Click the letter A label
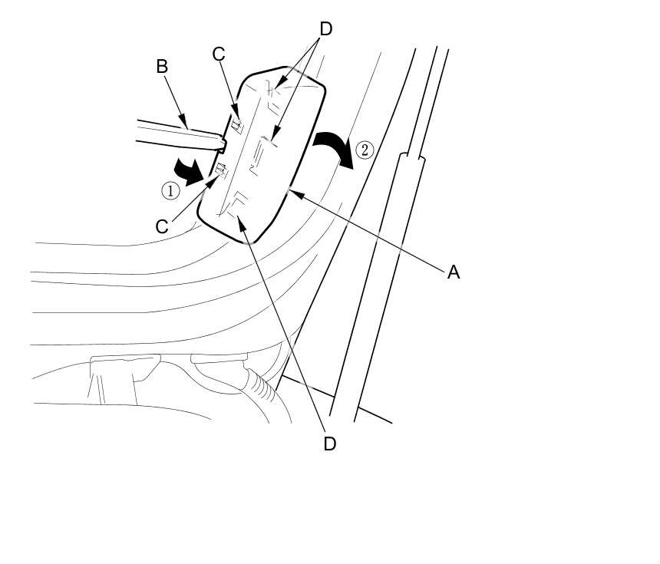click(x=454, y=272)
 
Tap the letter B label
click(x=162, y=67)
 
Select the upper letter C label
click(x=219, y=54)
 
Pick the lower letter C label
click(x=162, y=226)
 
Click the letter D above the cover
click(x=325, y=29)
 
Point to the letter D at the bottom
click(x=329, y=444)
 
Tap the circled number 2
click(x=365, y=150)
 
